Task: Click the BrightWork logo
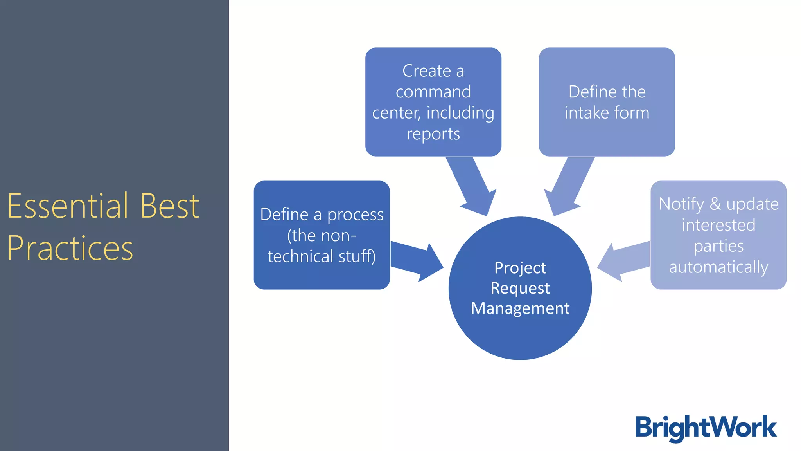pos(706,428)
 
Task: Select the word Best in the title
pos(170,206)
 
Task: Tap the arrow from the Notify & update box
pos(624,262)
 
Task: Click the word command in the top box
pos(433,92)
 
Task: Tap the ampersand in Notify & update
pos(715,204)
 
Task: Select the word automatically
pos(718,267)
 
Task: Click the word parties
pos(718,246)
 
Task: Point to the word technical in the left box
pos(300,256)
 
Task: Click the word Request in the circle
pos(520,288)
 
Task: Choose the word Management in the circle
pos(520,308)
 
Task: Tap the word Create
pos(426,71)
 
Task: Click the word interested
pos(718,225)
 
